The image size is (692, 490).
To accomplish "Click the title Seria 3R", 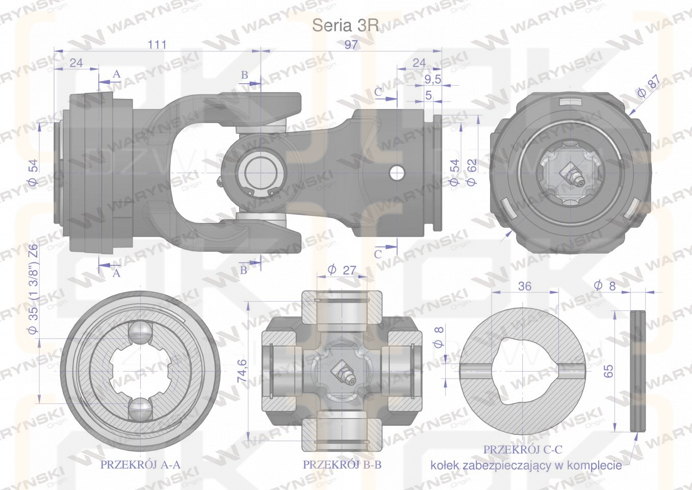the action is point(345,26).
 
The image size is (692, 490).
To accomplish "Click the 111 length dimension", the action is point(157,45).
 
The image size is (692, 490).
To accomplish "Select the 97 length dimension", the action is point(351,45).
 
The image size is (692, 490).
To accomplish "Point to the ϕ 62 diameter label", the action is point(472,172).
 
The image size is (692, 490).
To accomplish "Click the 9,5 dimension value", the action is point(433,80).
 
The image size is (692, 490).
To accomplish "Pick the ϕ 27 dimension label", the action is point(342,270).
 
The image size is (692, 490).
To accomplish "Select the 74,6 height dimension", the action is point(243,371).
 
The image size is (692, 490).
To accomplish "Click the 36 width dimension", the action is point(525,286).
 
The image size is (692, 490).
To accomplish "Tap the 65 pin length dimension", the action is point(608,371).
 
